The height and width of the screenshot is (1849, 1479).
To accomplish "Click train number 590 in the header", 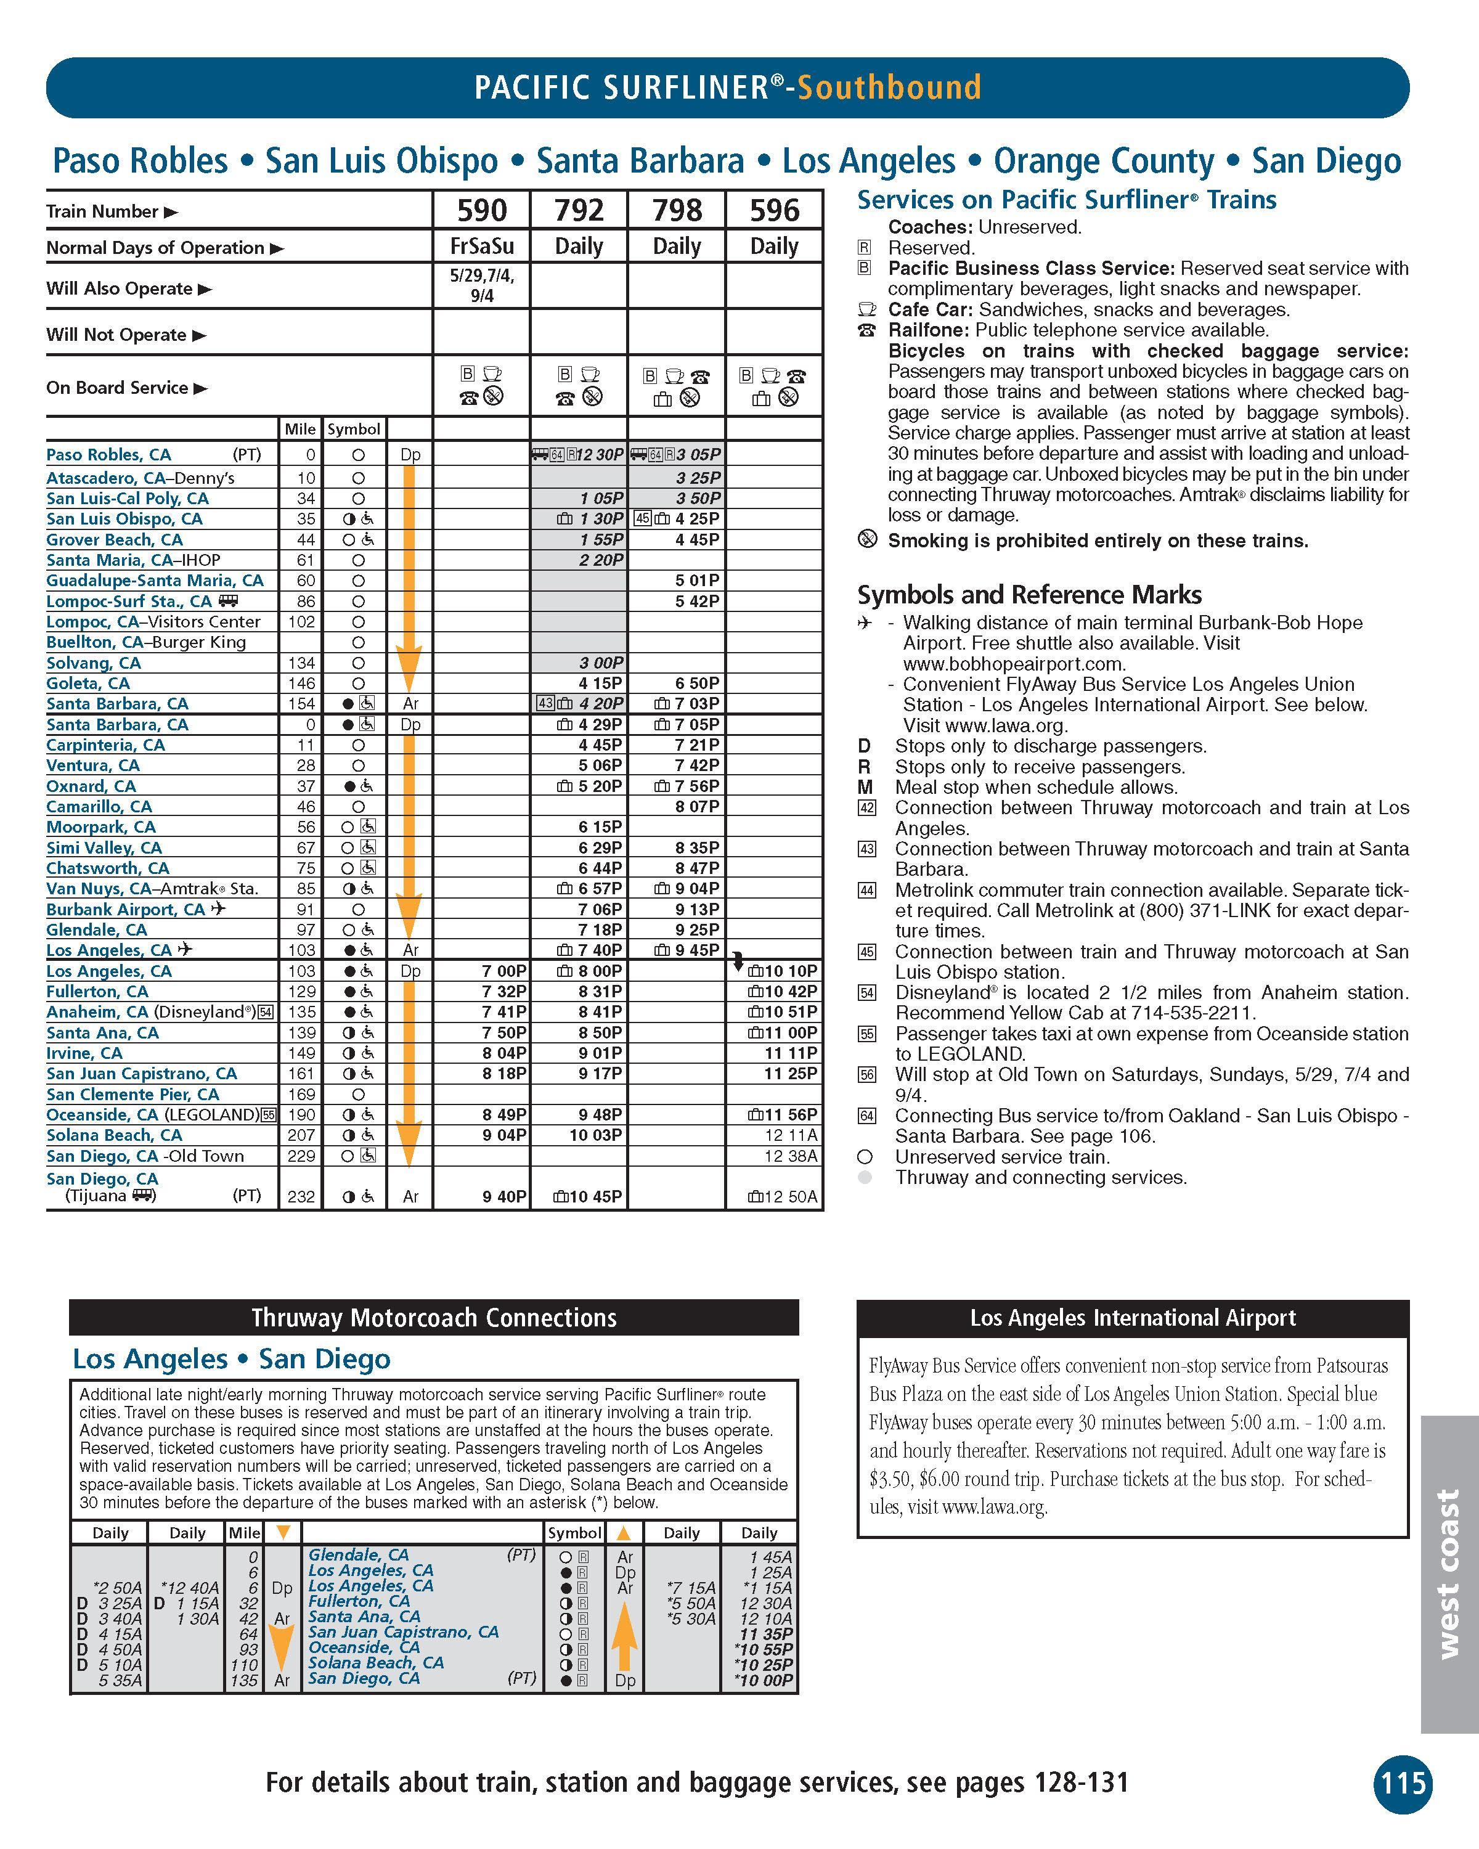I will pyautogui.click(x=482, y=210).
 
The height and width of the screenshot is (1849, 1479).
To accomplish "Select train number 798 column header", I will pyautogui.click(x=677, y=210).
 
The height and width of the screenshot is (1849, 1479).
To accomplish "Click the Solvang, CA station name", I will pyautogui.click(x=94, y=663).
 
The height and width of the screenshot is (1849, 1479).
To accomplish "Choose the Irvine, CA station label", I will pyautogui.click(x=84, y=1053).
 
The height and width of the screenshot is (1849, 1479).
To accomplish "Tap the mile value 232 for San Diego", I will pyautogui.click(x=301, y=1196).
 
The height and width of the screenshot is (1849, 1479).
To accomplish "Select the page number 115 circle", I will pyautogui.click(x=1403, y=1784).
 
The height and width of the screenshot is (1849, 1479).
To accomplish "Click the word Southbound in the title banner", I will pyautogui.click(x=889, y=88).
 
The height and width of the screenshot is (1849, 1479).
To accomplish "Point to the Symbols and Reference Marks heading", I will pyautogui.click(x=1029, y=594).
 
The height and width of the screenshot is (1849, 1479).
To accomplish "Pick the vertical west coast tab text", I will pyautogui.click(x=1448, y=1573).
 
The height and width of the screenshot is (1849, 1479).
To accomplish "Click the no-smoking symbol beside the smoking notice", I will pyautogui.click(x=868, y=539).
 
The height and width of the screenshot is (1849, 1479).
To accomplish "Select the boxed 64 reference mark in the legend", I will pyautogui.click(x=867, y=1116).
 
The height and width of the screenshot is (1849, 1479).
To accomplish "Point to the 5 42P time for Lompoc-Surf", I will pyautogui.click(x=697, y=601).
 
